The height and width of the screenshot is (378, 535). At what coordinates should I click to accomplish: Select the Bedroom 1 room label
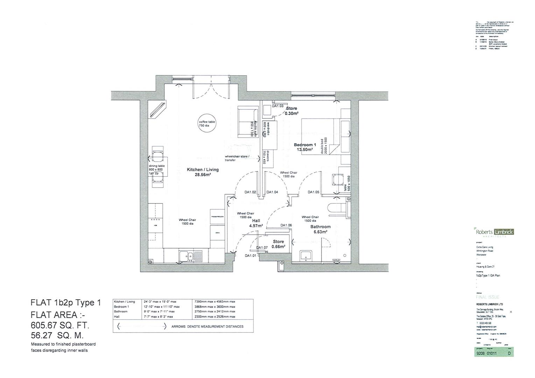(x=305, y=147)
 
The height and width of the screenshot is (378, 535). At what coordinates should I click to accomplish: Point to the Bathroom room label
(x=320, y=229)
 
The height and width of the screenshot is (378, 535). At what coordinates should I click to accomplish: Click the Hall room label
(x=256, y=223)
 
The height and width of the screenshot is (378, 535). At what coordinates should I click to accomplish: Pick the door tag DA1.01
(x=250, y=255)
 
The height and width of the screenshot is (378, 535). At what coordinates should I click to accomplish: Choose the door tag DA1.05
(x=314, y=192)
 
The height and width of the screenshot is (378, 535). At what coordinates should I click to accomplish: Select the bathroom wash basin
(x=306, y=256)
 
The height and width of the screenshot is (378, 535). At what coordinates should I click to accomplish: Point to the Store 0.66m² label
(x=279, y=244)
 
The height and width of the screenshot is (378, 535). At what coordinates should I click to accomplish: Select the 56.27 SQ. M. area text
(x=57, y=335)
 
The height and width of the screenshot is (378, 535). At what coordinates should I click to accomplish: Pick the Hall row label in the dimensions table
(x=117, y=316)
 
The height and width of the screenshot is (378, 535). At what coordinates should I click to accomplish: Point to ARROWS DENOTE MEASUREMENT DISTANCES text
(x=207, y=327)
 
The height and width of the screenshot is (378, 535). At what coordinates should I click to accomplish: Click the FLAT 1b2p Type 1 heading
(x=66, y=303)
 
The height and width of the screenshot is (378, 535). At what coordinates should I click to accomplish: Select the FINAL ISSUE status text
(x=488, y=297)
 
